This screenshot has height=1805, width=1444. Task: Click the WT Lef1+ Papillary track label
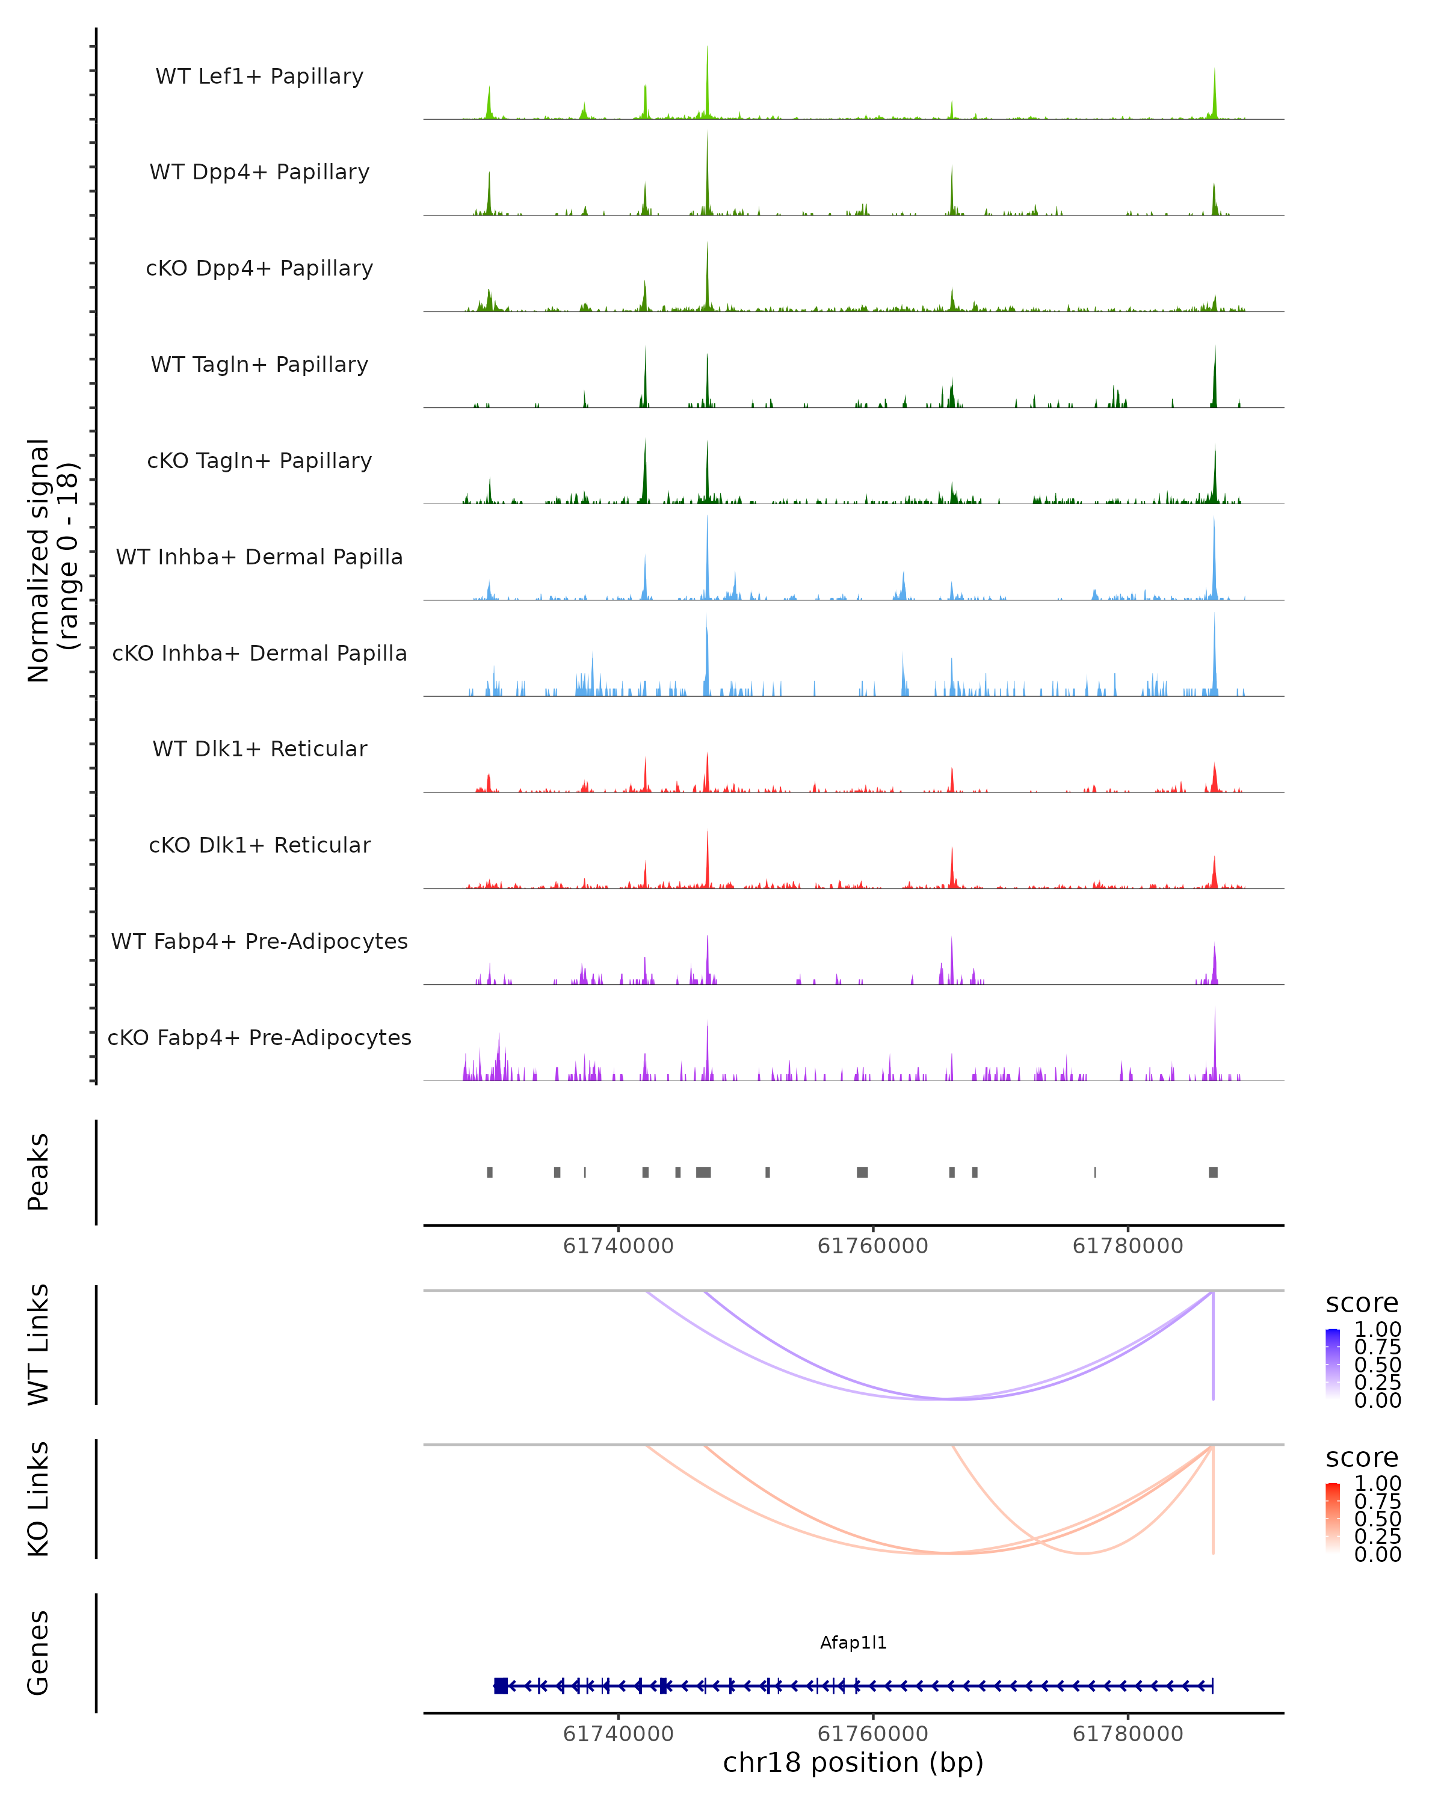pos(259,76)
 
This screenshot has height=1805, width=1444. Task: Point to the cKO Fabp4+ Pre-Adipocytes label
pos(259,1037)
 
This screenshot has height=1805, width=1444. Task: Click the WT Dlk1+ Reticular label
pos(259,748)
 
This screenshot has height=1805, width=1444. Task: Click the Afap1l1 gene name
pos(853,1643)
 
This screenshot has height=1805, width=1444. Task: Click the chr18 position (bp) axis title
pos(853,1762)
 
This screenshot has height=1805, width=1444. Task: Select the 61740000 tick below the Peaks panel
pos(618,1246)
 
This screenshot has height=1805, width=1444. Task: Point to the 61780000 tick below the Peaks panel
pos(1128,1246)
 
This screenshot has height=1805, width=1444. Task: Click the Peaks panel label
pos(38,1172)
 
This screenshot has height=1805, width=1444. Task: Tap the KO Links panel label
pos(38,1499)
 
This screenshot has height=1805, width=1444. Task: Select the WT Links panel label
pos(38,1345)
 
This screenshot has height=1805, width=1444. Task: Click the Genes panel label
pos(38,1653)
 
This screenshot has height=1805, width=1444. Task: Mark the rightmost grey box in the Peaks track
pos(1213,1172)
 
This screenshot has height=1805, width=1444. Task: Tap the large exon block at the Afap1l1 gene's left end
pos(501,1686)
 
